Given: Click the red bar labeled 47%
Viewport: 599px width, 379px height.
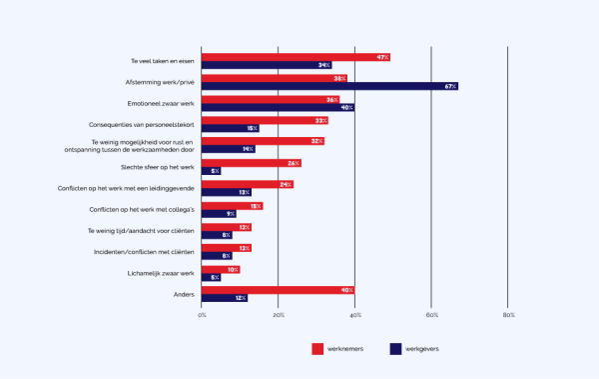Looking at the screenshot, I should coord(295,57).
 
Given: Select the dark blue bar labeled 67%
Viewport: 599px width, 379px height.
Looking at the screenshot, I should coord(329,86).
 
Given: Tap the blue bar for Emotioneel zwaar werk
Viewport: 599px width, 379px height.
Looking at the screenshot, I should coord(278,107).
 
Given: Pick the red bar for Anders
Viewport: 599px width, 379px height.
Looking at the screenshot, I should coord(278,290).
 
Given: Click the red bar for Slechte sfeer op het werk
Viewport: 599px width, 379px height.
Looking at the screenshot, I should coord(251,163).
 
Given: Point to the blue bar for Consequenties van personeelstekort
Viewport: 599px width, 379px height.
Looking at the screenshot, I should coord(230,128).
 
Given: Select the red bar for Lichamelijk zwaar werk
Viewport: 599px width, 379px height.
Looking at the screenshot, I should coord(221,269).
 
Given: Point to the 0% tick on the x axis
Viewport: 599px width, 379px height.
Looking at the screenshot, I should coord(202,315).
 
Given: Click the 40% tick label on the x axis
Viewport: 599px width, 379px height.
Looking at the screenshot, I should coord(355,315).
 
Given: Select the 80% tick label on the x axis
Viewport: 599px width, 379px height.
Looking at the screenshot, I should coord(508,315).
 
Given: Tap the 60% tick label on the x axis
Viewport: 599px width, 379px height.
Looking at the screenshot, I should coord(431,315).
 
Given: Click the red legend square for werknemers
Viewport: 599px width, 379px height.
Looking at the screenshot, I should coord(317,348).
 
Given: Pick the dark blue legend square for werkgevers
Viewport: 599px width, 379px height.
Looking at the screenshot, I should coord(395,348).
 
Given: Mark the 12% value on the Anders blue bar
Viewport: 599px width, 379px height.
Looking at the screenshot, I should coord(241,298).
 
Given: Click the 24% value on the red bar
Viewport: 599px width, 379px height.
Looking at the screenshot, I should coord(286,184).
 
